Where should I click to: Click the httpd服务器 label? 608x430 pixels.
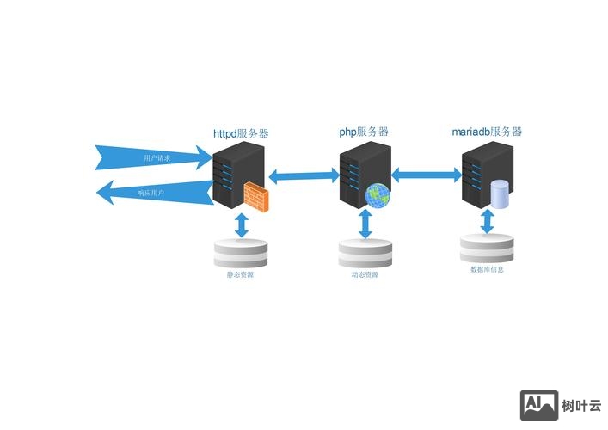241,134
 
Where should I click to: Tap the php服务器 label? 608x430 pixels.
364,132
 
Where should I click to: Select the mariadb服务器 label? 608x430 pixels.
487,132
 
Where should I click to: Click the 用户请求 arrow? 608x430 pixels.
155,157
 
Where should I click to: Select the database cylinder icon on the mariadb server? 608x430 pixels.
500,193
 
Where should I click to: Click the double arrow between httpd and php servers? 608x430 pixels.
304,176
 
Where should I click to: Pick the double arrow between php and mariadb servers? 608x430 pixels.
427,175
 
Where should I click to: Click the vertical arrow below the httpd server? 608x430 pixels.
242,224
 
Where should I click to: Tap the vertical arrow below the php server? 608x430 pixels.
365,224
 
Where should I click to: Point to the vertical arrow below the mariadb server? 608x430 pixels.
488,221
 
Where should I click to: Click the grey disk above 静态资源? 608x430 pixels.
241,254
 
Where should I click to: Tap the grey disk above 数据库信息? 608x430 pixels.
487,249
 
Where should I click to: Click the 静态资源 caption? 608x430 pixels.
241,275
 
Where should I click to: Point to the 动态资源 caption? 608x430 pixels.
365,275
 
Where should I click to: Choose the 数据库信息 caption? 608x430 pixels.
487,269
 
